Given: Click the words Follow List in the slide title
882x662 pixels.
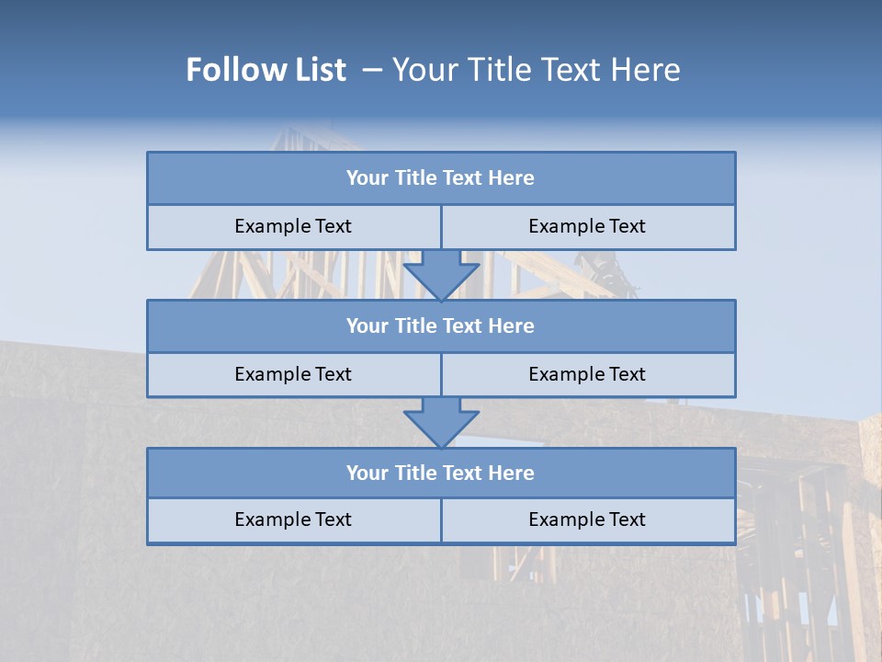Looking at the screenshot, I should (266, 70).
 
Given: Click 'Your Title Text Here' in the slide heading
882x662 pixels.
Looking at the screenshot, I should (536, 70).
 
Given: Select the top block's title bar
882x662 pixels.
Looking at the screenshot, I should (441, 178).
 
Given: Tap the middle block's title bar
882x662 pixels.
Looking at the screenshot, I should (441, 326).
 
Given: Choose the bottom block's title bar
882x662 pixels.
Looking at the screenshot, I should (441, 474).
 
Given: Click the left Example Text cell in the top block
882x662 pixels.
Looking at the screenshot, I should (293, 227).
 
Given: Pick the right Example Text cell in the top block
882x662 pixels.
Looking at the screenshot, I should (587, 227).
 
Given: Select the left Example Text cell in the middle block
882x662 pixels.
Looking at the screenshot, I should (293, 375).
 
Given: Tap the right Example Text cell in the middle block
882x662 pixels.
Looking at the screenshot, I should (587, 375).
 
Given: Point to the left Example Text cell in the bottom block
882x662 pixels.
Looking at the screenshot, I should (293, 520).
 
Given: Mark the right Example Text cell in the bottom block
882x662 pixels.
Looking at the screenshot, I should (587, 520).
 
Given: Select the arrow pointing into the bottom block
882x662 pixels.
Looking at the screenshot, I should (441, 422).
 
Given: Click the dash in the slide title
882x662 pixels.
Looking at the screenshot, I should (372, 70).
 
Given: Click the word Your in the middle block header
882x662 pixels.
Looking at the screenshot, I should (367, 326).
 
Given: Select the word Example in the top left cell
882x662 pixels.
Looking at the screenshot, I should (271, 227).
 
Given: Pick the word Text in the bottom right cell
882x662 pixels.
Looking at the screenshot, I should (626, 520).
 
